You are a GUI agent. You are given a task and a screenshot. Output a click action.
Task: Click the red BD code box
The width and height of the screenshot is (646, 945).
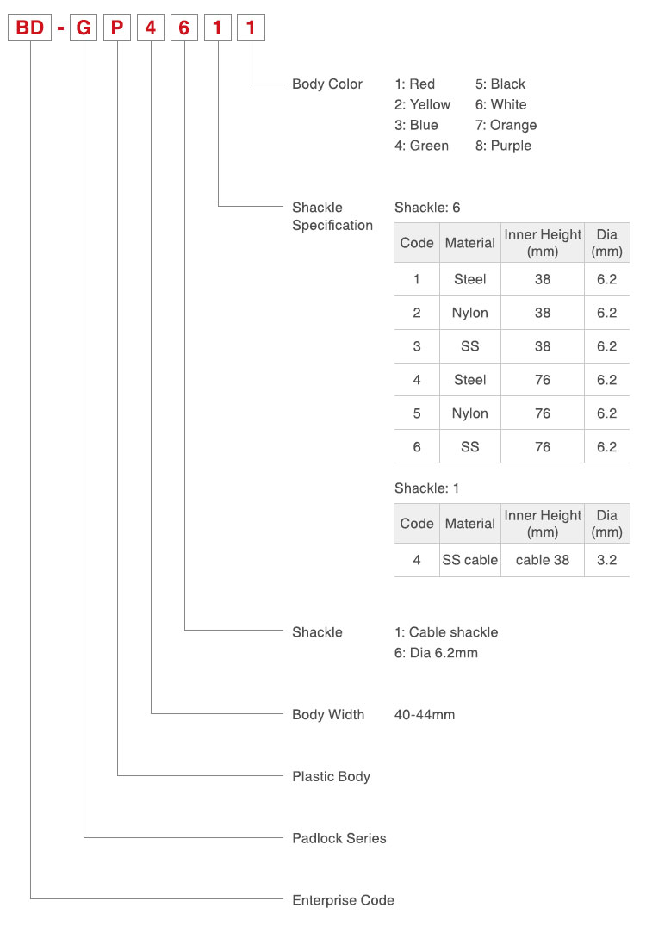point(29,28)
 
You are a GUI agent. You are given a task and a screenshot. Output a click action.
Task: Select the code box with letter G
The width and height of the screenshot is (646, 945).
point(84,28)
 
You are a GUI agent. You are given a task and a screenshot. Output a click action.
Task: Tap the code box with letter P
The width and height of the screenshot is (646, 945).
point(117,28)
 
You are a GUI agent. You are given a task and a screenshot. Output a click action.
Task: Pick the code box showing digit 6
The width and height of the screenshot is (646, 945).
point(183,28)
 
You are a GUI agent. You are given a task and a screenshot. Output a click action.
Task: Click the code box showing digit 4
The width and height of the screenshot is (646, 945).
point(151,28)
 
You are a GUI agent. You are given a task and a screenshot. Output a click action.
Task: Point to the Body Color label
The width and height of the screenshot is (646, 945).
point(327,84)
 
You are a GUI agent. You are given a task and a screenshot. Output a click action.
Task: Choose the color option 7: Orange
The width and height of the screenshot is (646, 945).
point(506,125)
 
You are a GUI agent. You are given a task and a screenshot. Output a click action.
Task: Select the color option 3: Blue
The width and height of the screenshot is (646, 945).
point(416,125)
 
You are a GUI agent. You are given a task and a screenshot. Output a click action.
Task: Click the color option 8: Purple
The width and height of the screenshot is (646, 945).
point(503,146)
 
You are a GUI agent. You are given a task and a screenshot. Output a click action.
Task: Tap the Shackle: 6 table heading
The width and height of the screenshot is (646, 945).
point(427,208)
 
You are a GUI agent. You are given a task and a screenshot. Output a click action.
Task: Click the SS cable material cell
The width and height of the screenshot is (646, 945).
point(470,560)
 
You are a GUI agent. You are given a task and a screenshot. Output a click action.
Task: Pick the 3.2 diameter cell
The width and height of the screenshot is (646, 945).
point(607,560)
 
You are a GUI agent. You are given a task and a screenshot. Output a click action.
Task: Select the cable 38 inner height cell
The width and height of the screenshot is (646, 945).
point(543,560)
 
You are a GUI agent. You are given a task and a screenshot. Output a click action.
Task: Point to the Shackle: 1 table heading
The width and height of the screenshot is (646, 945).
point(426,488)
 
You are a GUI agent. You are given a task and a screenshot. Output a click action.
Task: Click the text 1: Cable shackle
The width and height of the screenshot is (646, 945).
point(446,632)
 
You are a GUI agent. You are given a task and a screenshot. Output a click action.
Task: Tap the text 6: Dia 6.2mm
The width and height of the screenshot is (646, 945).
point(436,653)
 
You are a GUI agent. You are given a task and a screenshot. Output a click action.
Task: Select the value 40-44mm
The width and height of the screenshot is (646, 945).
point(425,715)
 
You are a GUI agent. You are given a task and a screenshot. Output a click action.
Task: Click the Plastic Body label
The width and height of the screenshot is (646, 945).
point(331,776)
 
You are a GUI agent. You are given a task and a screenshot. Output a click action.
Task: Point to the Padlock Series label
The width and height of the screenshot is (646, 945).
point(339,838)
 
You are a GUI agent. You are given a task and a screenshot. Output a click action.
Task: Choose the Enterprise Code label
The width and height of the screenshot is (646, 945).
point(343,900)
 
